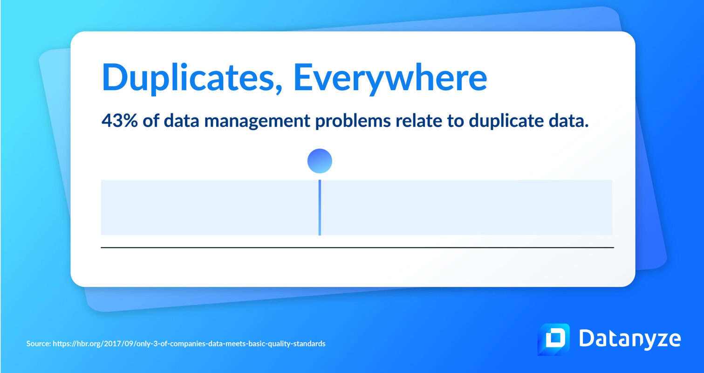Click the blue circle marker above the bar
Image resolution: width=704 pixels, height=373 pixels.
pyautogui.click(x=320, y=161)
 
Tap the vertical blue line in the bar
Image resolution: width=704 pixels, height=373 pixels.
pyautogui.click(x=320, y=207)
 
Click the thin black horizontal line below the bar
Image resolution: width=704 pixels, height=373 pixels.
pyautogui.click(x=357, y=248)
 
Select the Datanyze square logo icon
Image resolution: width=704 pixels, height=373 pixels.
pyautogui.click(x=554, y=339)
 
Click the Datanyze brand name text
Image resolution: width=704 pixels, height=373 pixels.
pyautogui.click(x=629, y=339)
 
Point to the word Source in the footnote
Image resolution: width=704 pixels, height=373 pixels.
pyautogui.click(x=38, y=344)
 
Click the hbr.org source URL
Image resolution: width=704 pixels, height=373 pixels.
pyautogui.click(x=189, y=344)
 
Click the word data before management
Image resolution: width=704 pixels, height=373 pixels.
pyautogui.click(x=175, y=121)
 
